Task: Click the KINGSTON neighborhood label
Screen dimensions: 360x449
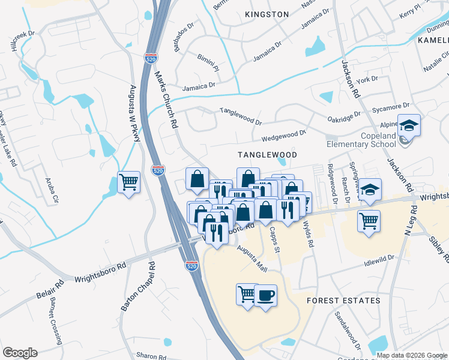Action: click(267, 14)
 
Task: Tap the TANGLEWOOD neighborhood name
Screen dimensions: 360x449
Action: click(268, 154)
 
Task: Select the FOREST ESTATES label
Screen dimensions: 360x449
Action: click(343, 300)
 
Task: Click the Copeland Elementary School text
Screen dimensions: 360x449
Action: click(361, 140)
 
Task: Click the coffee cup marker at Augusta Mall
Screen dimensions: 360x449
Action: click(265, 295)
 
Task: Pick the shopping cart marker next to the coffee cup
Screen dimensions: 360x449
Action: click(247, 294)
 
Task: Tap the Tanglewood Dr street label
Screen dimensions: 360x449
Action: click(241, 116)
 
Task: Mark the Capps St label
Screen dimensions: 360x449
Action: click(275, 238)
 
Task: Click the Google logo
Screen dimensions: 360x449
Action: click(20, 353)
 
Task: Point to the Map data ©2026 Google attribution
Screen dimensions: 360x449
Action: click(412, 355)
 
